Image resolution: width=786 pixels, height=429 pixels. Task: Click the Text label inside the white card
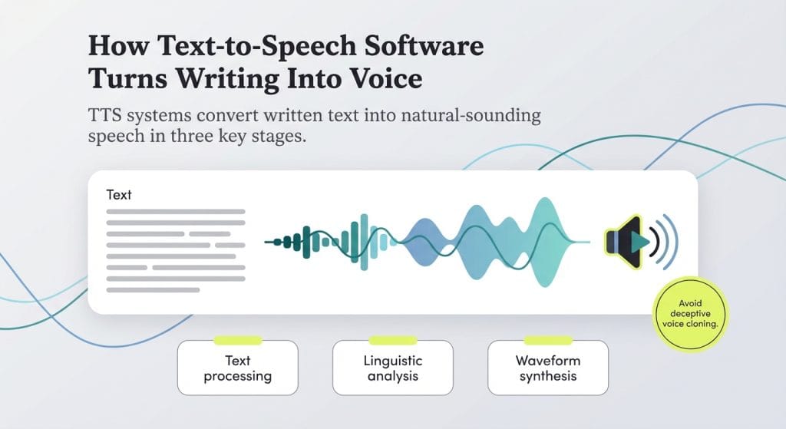tap(119, 195)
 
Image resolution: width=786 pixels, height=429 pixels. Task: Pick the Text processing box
tap(237, 368)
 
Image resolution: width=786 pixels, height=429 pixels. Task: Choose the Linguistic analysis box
tap(393, 368)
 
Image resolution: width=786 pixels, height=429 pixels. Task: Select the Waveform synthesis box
tap(547, 368)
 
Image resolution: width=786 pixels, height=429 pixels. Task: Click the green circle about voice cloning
tap(690, 313)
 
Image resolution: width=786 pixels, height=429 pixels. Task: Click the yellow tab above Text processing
tap(237, 340)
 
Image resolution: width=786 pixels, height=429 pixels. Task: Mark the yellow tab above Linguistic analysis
tap(393, 340)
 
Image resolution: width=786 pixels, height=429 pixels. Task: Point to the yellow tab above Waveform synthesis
tap(547, 340)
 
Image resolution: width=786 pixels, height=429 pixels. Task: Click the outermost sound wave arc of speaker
tap(674, 243)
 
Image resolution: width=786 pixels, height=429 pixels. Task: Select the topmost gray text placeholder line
tap(175, 211)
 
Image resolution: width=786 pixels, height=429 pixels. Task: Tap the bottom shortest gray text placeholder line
tap(153, 290)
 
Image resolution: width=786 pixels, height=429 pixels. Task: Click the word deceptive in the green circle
tap(689, 313)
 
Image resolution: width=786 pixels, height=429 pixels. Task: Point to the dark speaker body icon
tap(619, 243)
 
